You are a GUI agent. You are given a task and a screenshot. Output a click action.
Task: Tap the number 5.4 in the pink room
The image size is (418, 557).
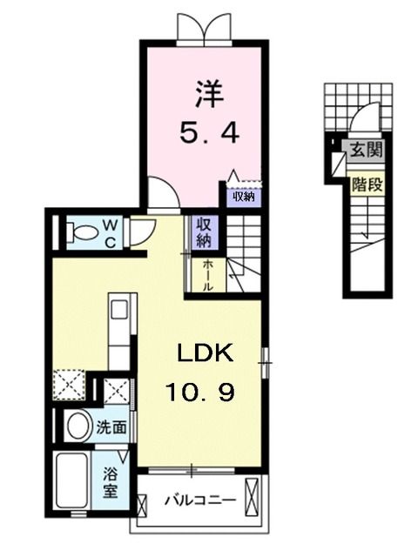(205, 134)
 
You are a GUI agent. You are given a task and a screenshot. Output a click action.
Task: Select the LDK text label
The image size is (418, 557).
(206, 354)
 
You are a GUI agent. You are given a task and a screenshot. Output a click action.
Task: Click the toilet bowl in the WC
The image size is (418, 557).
(84, 232)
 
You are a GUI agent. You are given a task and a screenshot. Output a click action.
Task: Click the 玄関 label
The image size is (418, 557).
(363, 150)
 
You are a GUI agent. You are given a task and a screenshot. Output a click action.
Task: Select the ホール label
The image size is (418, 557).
(208, 273)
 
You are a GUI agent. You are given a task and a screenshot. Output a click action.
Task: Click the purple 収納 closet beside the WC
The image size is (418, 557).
(204, 231)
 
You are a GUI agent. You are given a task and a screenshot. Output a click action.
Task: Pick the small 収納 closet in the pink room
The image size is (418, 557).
(243, 196)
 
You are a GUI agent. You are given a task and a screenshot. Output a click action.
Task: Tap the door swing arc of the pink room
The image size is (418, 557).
(160, 193)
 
